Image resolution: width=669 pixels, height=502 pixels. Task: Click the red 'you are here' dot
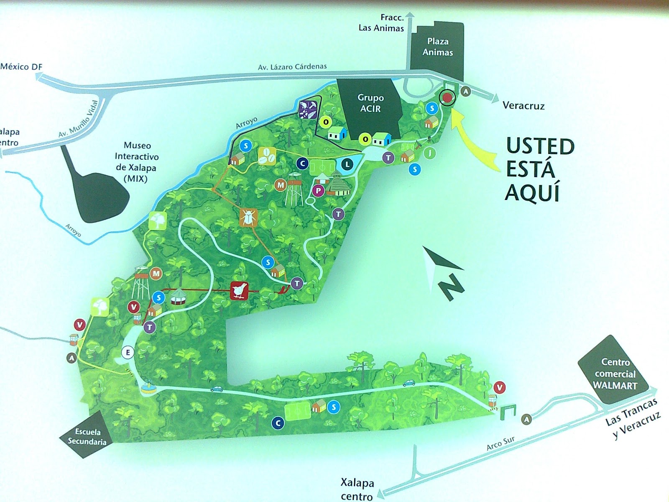447,97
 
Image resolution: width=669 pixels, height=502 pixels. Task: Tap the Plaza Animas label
437,47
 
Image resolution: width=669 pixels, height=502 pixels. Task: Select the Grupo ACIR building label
370,103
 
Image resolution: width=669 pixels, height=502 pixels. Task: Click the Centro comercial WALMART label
615,374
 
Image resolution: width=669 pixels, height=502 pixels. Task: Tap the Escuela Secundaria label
87,436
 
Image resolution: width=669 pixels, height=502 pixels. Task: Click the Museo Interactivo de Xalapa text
137,162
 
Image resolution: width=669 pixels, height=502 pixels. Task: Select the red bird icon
240,290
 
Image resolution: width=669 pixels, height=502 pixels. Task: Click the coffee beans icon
267,156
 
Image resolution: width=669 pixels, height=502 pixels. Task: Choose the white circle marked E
128,352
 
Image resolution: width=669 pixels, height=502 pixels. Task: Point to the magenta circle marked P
319,191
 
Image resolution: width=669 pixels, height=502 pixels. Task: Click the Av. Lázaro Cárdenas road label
292,67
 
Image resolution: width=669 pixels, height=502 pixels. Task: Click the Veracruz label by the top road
523,105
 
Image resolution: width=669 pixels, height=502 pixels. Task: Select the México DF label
21,67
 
